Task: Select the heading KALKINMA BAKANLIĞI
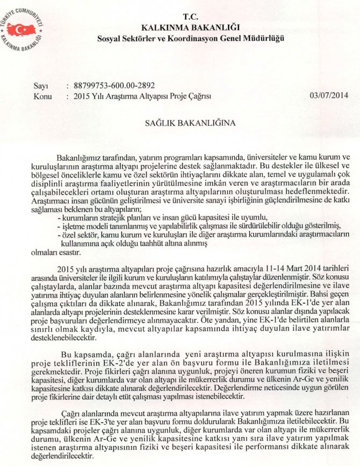[x=190, y=27]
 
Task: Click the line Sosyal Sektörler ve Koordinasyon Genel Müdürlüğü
[x=190, y=38]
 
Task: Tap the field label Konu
[x=42, y=96]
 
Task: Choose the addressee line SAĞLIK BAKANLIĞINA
[x=191, y=122]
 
